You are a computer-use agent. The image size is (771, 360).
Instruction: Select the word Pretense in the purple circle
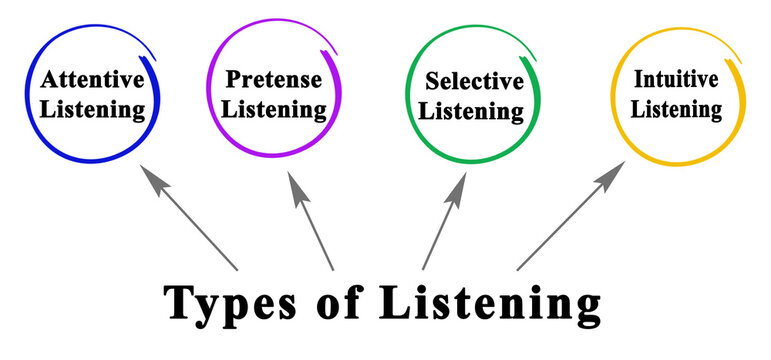coord(272,78)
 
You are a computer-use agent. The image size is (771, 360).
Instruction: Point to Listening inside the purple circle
coord(273,107)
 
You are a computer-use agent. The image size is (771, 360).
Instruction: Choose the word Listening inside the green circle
coord(471,111)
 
